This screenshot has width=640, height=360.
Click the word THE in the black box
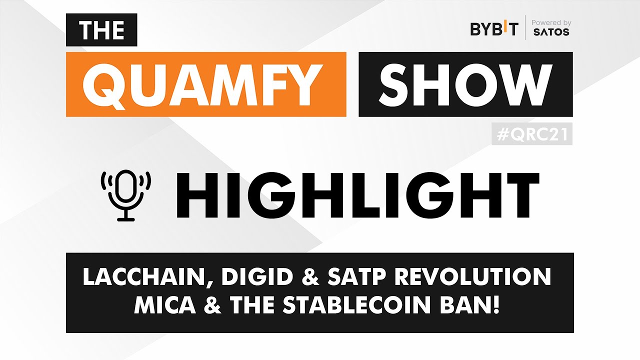(101, 30)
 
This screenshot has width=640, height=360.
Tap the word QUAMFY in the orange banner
(206, 84)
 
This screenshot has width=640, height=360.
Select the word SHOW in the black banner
(465, 84)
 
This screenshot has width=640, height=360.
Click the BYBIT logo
(494, 29)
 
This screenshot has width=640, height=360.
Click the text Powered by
(551, 22)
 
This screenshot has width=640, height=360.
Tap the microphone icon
(126, 195)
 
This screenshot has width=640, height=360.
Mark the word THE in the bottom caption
(254, 305)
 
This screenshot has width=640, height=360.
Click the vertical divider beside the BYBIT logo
(525, 27)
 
